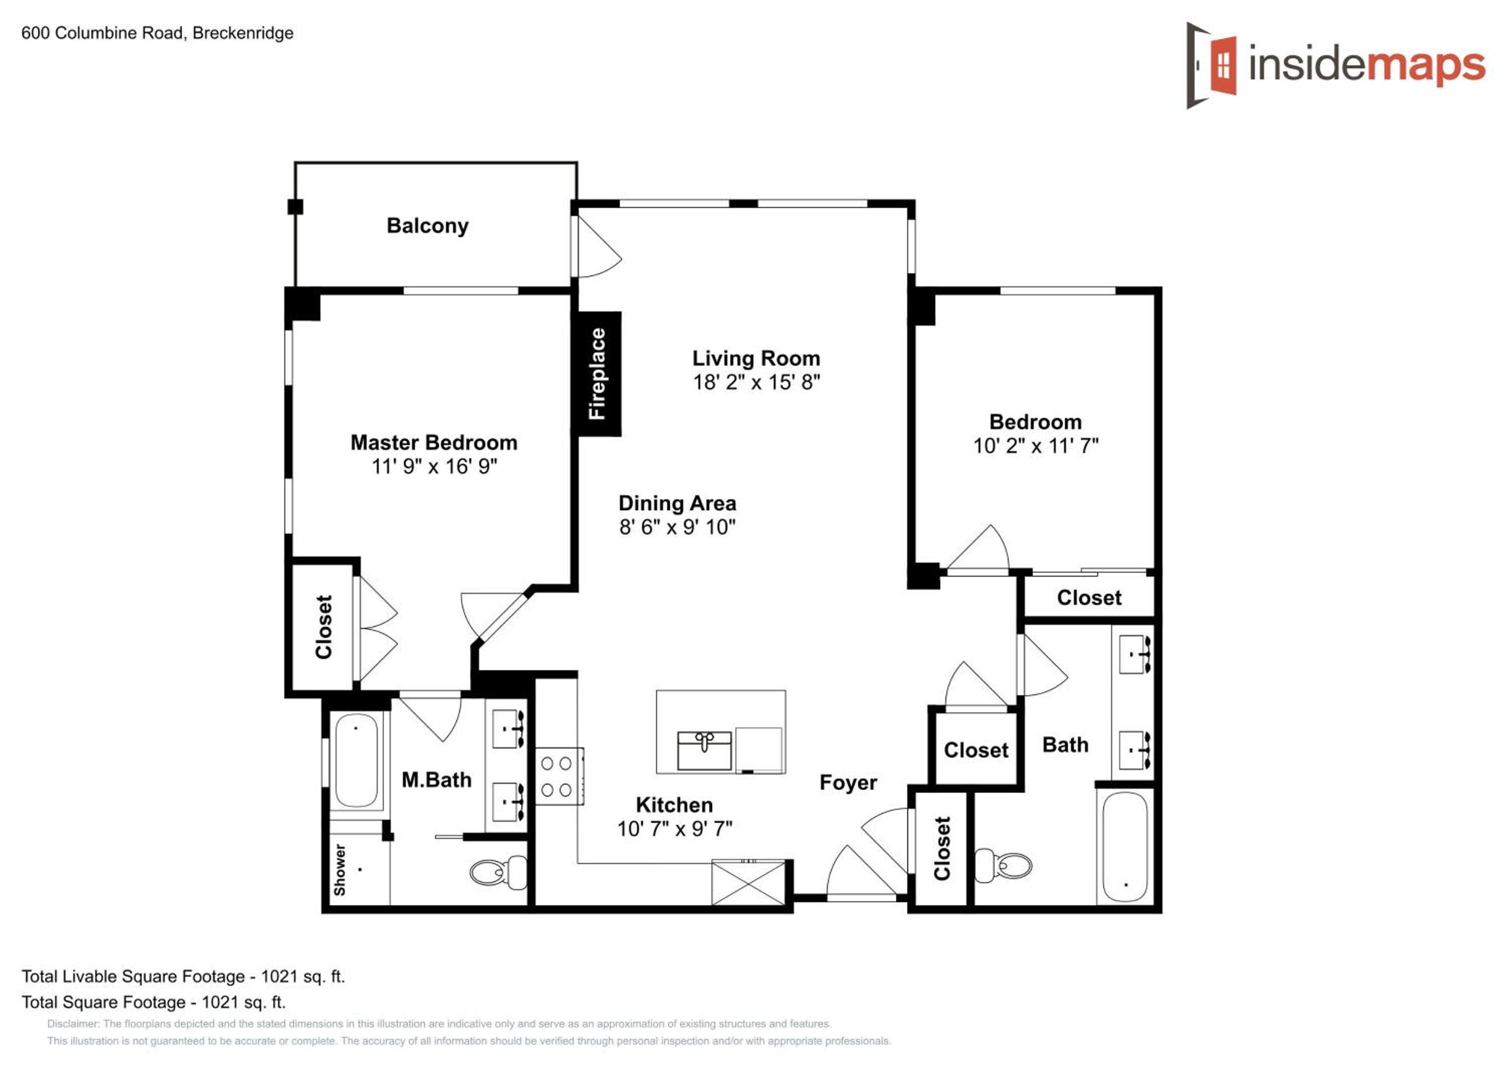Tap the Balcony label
(x=427, y=226)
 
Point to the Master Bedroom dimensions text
(x=434, y=466)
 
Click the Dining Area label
(x=677, y=503)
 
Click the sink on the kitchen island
(x=704, y=751)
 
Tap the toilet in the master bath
(x=499, y=871)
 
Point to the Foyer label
(x=848, y=783)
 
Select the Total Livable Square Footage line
(x=183, y=977)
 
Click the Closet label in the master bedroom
(x=324, y=627)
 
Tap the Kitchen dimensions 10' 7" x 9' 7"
(x=675, y=829)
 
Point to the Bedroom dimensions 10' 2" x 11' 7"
(x=1036, y=446)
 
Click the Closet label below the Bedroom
(x=1089, y=598)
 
